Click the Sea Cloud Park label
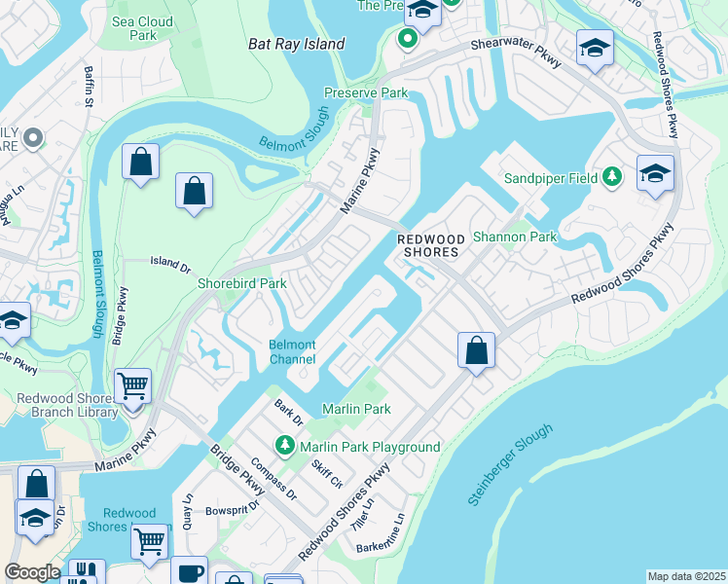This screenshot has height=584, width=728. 142,28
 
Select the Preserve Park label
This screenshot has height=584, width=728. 365,93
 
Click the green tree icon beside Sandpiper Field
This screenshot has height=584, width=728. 612,177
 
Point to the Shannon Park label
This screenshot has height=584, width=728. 514,237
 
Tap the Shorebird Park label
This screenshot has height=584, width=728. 242,283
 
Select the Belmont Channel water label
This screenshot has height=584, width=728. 292,352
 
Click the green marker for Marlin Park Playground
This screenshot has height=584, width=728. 284,447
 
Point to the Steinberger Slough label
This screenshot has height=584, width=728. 510,464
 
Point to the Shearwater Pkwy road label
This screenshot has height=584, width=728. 518,53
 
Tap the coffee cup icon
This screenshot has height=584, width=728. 189,571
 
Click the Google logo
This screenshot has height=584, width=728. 32,572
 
